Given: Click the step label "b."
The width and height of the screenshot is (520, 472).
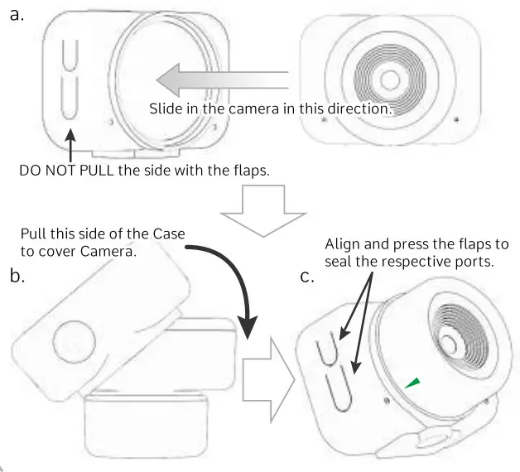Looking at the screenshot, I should pyautogui.click(x=17, y=276).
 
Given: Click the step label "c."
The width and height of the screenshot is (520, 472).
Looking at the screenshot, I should pyautogui.click(x=307, y=276).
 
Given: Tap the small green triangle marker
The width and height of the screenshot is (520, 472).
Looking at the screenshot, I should pyautogui.click(x=412, y=382).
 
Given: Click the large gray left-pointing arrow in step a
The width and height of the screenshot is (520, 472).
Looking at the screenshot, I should pyautogui.click(x=219, y=81).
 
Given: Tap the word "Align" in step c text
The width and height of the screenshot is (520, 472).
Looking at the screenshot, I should pyautogui.click(x=342, y=244).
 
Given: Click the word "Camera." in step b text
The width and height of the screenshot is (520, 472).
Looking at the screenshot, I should pyautogui.click(x=107, y=251).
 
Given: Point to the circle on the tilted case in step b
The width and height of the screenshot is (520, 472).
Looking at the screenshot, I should pyautogui.click(x=72, y=339).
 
